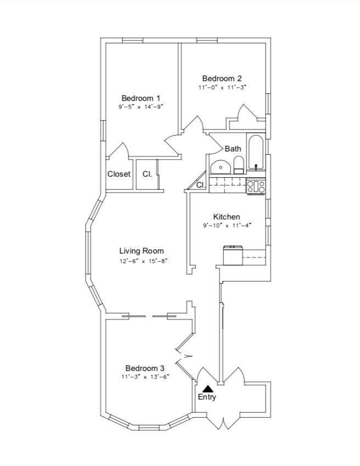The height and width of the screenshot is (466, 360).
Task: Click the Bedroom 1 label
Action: (x=141, y=98)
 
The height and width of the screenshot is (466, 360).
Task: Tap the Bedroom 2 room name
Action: (x=222, y=78)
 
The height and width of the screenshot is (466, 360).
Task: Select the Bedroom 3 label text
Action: (x=145, y=368)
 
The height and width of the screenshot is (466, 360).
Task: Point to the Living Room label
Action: (x=142, y=251)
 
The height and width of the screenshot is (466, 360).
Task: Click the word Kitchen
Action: (x=227, y=217)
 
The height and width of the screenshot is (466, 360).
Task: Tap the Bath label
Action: (x=233, y=149)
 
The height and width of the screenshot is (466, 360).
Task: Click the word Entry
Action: (x=207, y=397)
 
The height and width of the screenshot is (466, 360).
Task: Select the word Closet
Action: (x=119, y=174)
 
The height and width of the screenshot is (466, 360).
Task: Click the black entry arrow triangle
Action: (x=207, y=389)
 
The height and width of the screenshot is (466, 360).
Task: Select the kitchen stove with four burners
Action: (x=256, y=187)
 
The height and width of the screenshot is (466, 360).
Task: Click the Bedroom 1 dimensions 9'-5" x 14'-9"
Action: (x=141, y=107)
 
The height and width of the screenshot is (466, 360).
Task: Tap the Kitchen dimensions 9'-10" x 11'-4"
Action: (x=227, y=225)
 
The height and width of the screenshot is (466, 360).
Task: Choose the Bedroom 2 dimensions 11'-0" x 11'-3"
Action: (x=222, y=87)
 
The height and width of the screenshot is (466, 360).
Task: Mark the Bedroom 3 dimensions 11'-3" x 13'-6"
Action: (x=145, y=377)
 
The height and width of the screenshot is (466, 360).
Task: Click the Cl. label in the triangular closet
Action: (x=200, y=185)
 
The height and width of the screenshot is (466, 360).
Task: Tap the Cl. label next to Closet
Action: (x=147, y=174)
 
